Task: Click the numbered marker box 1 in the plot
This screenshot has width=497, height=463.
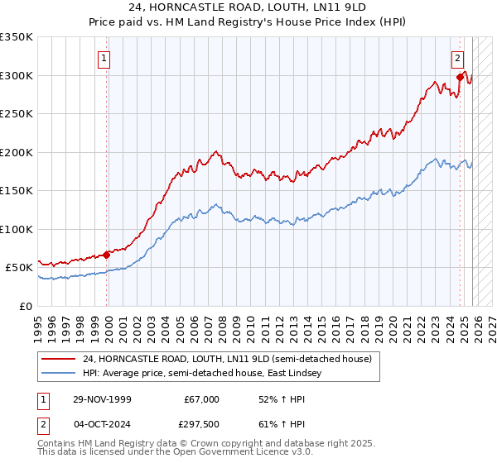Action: click(x=104, y=58)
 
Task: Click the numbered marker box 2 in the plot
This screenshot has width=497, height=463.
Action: click(x=457, y=58)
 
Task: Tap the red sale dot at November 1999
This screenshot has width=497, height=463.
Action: click(x=107, y=255)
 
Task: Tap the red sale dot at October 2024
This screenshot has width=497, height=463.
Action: click(x=461, y=78)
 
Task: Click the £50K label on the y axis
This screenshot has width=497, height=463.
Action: click(x=19, y=268)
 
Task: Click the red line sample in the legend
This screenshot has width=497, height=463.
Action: click(x=58, y=359)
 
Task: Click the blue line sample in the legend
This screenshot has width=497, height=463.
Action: click(x=58, y=373)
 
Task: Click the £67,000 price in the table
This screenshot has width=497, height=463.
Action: click(x=201, y=399)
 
